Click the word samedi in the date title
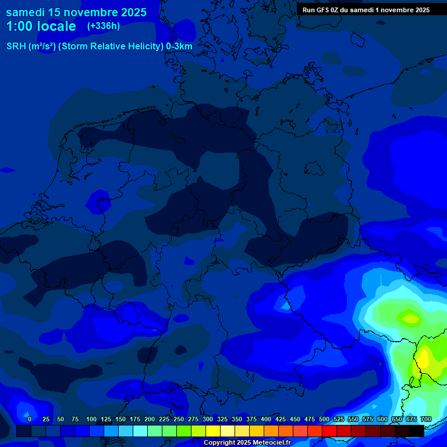[26, 12]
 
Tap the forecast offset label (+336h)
[104, 26]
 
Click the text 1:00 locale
[41, 26]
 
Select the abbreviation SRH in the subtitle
[16, 47]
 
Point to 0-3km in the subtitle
[179, 47]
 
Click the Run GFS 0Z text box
[366, 9]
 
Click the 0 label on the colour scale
[29, 419]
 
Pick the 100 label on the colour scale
[91, 419]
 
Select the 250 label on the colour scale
[179, 419]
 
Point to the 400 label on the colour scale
[266, 419]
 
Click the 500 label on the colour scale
[324, 419]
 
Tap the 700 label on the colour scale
[425, 419]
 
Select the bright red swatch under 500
[329, 431]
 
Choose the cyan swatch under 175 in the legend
[140, 431]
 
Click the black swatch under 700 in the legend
[417, 431]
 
